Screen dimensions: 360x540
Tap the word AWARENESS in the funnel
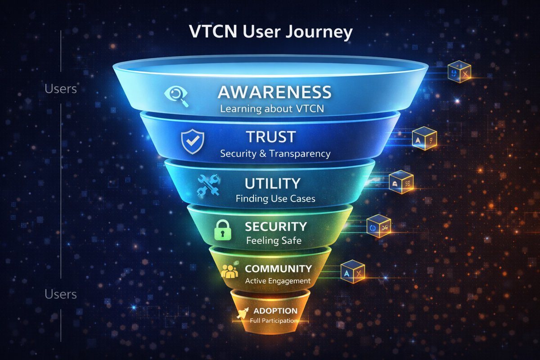point(274,92)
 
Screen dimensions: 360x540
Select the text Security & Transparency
point(275,153)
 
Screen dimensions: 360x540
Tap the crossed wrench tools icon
point(208,185)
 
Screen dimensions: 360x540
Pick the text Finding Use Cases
point(275,198)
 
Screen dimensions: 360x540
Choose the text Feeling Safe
point(274,241)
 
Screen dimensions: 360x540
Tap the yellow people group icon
point(229,271)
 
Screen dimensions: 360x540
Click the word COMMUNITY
point(278,269)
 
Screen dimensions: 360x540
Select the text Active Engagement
point(278,281)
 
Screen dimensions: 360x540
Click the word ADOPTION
point(275,311)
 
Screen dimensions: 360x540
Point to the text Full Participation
point(274,321)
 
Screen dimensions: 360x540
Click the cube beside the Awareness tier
point(459,72)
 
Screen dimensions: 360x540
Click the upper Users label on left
point(61,89)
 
